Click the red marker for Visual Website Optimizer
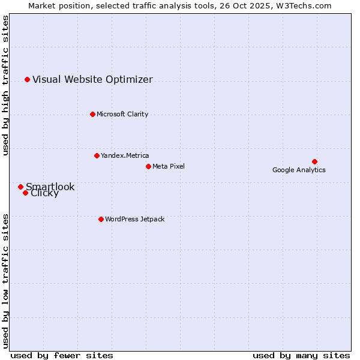[27, 79]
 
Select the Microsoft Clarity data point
[92, 114]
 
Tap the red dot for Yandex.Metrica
[97, 155]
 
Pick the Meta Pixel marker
[148, 166]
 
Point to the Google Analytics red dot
[314, 161]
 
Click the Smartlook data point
[20, 187]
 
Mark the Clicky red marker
[25, 193]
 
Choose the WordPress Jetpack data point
[101, 219]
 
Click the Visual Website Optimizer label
[92, 79]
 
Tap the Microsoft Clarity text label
[122, 114]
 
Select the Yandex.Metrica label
[125, 155]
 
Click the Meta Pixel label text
[169, 166]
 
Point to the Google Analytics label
[299, 170]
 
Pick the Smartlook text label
[50, 187]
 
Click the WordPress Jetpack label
[134, 219]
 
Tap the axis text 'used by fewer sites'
[62, 355]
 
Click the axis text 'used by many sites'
[301, 355]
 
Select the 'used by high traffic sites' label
[6, 85]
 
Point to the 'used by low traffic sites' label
[6, 280]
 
